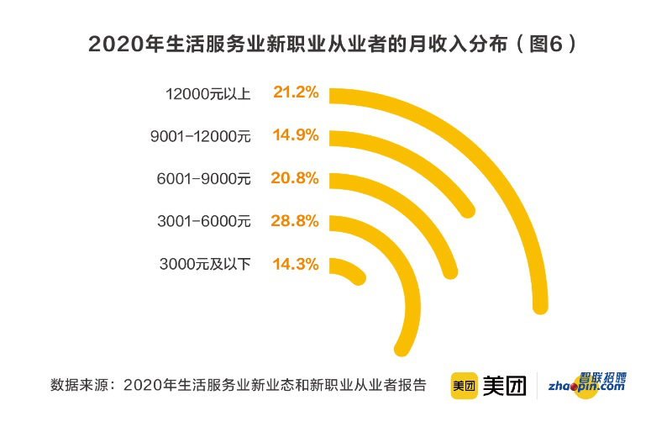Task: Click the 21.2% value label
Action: tap(296, 92)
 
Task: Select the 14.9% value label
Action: tap(296, 135)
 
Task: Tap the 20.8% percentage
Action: tap(295, 178)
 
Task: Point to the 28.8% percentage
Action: tap(295, 221)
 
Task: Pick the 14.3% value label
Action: tap(295, 264)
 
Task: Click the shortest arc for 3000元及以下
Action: tap(349, 268)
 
